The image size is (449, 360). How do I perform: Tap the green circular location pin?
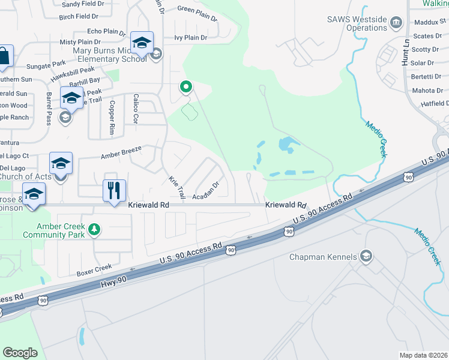pyautogui.click(x=186, y=88)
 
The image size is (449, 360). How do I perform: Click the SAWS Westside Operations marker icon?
pyautogui.click(x=396, y=23)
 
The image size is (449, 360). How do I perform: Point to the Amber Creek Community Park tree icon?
pyautogui.click(x=94, y=229)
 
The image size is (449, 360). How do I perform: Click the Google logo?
pyautogui.click(x=20, y=353)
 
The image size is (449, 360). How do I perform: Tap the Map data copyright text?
pyautogui.click(x=424, y=355)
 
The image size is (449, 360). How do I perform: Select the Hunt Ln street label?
pyautogui.click(x=406, y=53)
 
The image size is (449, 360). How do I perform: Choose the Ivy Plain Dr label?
pyautogui.click(x=190, y=37)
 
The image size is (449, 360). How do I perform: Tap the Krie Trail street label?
pyautogui.click(x=176, y=188)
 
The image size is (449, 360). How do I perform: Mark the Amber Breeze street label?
pyautogui.click(x=121, y=151)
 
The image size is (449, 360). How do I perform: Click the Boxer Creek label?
pyautogui.click(x=94, y=270)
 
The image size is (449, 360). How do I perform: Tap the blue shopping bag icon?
pyautogui.click(x=4, y=56)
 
